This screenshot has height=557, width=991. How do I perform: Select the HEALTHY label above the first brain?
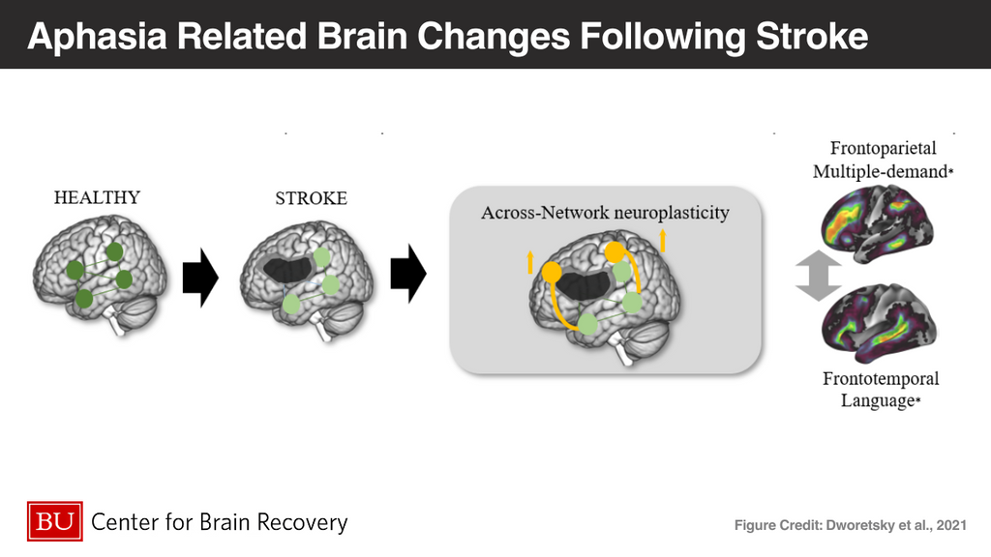tap(97, 197)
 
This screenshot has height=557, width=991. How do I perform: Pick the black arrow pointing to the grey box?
tap(408, 275)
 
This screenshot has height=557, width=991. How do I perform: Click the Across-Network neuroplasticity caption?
tap(604, 213)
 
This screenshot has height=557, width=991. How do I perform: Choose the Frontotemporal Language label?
tap(881, 389)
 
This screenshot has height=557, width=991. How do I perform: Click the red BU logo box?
tap(55, 523)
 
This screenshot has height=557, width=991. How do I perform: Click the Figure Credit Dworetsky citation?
tap(849, 525)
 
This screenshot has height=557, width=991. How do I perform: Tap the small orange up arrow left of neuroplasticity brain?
tap(530, 260)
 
